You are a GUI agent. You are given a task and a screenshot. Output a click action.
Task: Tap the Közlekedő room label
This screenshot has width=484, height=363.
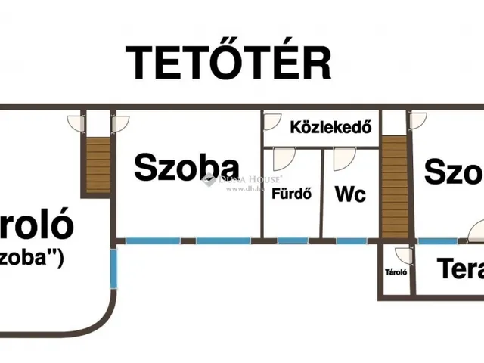330,127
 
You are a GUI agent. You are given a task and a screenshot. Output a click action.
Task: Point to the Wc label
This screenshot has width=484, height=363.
350,194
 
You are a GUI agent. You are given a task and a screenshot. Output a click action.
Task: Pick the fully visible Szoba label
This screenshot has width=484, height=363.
187,167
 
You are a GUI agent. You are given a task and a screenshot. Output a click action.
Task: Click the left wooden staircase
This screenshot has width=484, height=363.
98,164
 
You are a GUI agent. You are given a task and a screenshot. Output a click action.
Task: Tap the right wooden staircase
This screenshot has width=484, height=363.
393,185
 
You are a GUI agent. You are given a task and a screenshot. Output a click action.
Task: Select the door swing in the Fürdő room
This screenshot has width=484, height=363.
283,158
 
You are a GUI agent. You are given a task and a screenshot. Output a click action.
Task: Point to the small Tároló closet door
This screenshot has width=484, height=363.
402,255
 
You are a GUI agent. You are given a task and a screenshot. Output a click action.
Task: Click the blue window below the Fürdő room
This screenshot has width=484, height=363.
288,241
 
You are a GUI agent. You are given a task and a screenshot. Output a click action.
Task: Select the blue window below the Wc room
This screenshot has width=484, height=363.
347,241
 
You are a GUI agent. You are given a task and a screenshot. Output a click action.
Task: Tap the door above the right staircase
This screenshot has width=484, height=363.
417,121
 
